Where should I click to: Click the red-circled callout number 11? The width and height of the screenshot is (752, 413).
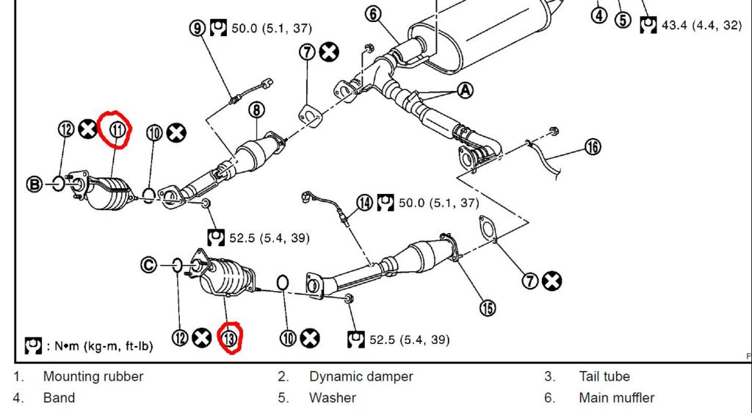click(118, 130)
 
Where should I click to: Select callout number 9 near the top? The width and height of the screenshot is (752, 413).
click(197, 28)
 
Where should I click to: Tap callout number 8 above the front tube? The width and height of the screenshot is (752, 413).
click(256, 110)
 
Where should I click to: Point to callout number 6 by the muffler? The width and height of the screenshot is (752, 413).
click(372, 14)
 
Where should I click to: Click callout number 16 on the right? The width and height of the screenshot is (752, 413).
click(592, 147)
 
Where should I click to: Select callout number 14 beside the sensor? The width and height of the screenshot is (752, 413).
click(364, 202)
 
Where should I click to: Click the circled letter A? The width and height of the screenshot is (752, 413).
click(465, 90)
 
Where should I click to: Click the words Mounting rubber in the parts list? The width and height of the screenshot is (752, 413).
click(93, 377)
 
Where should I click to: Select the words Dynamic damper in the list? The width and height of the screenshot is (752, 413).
click(361, 377)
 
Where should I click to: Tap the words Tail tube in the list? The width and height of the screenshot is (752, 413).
click(604, 377)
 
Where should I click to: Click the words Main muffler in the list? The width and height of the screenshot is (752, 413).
click(616, 398)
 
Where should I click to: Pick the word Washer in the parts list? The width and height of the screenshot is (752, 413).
click(333, 398)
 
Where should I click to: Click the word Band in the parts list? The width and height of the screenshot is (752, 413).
click(59, 398)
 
